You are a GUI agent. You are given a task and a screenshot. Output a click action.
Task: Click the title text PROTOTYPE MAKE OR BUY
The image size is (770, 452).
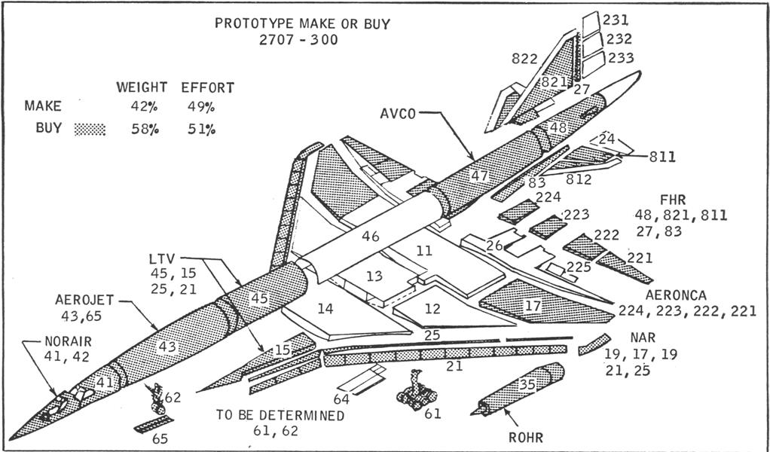pos(302,23)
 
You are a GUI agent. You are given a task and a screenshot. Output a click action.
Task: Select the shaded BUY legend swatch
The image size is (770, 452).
pos(90,129)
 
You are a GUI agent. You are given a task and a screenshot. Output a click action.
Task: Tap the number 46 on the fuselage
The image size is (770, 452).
pos(370,237)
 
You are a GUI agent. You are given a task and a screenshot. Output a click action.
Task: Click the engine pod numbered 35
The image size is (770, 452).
pos(520,387)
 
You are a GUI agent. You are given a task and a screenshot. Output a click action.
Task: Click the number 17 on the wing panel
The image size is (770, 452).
pos(533,306)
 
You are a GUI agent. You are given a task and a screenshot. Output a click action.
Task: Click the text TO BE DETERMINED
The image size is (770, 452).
pos(280,416)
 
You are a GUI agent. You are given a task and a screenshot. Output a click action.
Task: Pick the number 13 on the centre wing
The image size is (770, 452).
pos(374,276)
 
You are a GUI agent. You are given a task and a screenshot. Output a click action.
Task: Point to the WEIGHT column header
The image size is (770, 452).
pos(141,87)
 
